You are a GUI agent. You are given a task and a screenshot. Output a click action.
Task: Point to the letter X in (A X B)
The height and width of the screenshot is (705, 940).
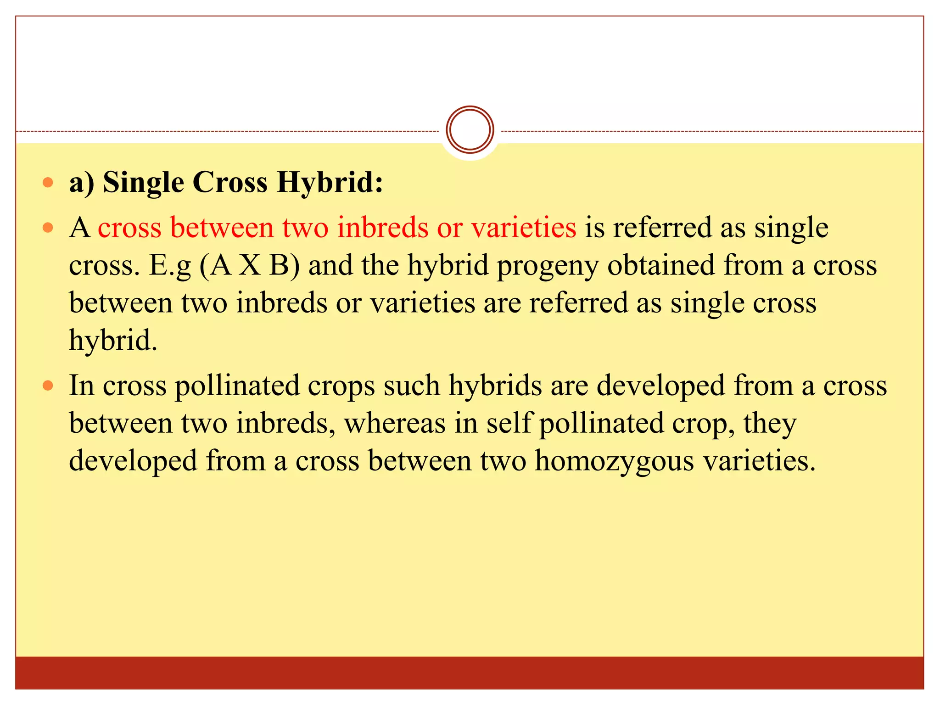point(250,265)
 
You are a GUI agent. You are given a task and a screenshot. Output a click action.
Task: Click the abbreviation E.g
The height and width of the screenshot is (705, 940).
point(169,266)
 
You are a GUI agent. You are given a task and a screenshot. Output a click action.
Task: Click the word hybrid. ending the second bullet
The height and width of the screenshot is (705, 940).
point(113,341)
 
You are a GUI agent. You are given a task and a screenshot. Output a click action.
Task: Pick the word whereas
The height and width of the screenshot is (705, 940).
point(395,423)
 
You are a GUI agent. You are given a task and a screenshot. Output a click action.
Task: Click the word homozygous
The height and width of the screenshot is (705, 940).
point(614,461)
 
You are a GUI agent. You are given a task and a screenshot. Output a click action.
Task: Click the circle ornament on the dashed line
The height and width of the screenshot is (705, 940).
point(470,130)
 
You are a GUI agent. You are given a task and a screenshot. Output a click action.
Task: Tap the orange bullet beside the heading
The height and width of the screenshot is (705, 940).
point(48,183)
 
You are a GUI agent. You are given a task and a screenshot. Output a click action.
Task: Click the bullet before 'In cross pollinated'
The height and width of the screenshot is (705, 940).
point(48,386)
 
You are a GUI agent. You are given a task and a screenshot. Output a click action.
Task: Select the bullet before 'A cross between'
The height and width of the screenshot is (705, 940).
point(48,228)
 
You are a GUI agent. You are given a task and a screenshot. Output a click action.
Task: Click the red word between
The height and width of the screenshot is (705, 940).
point(222,227)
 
